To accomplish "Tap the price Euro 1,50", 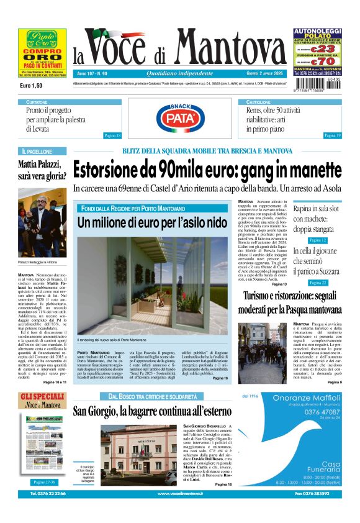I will (x=31, y=85).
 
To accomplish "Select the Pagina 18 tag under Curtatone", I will (x=112, y=135).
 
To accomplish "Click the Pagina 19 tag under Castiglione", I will (x=332, y=135).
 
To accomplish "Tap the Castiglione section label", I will (x=258, y=102).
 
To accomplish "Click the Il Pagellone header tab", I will (x=37, y=151).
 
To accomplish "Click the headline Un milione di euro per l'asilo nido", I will (x=153, y=222).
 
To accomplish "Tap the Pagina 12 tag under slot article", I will (x=317, y=240).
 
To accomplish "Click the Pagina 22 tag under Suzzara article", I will (x=317, y=283).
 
